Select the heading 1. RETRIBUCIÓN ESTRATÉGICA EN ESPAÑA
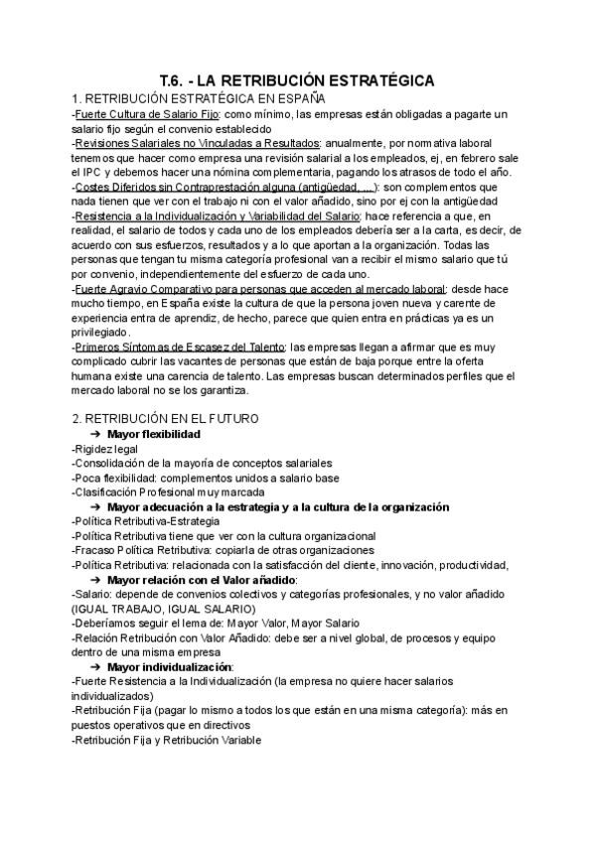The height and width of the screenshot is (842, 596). (200, 99)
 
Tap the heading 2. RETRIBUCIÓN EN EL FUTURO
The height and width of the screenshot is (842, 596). (165, 419)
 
